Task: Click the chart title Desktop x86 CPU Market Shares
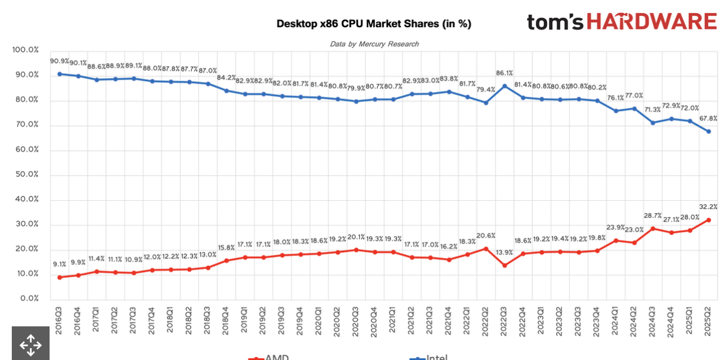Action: pos(374,24)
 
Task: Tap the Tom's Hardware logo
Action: pos(622,22)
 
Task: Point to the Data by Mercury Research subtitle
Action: pos(374,44)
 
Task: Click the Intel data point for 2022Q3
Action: pos(505,86)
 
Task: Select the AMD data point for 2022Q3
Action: pos(505,265)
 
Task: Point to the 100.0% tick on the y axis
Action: pos(25,50)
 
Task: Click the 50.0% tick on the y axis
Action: pos(25,175)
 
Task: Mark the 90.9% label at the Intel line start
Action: pos(60,61)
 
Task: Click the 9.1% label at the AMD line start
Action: pos(60,264)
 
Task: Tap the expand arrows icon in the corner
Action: pos(31,345)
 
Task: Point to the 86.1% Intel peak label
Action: pos(505,73)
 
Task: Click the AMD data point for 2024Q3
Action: pos(653,228)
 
